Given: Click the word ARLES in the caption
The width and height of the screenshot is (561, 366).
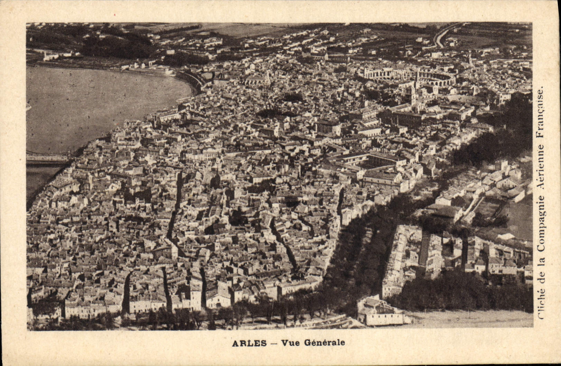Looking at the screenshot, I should coord(249,343).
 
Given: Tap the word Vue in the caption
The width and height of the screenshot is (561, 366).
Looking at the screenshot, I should coord(290,343).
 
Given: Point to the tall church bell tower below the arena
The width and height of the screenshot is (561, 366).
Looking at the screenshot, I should coord(414,97).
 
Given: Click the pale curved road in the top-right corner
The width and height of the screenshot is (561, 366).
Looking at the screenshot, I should coord(444,35).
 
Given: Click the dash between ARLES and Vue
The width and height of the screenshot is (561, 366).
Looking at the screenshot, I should coord(273,344).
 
